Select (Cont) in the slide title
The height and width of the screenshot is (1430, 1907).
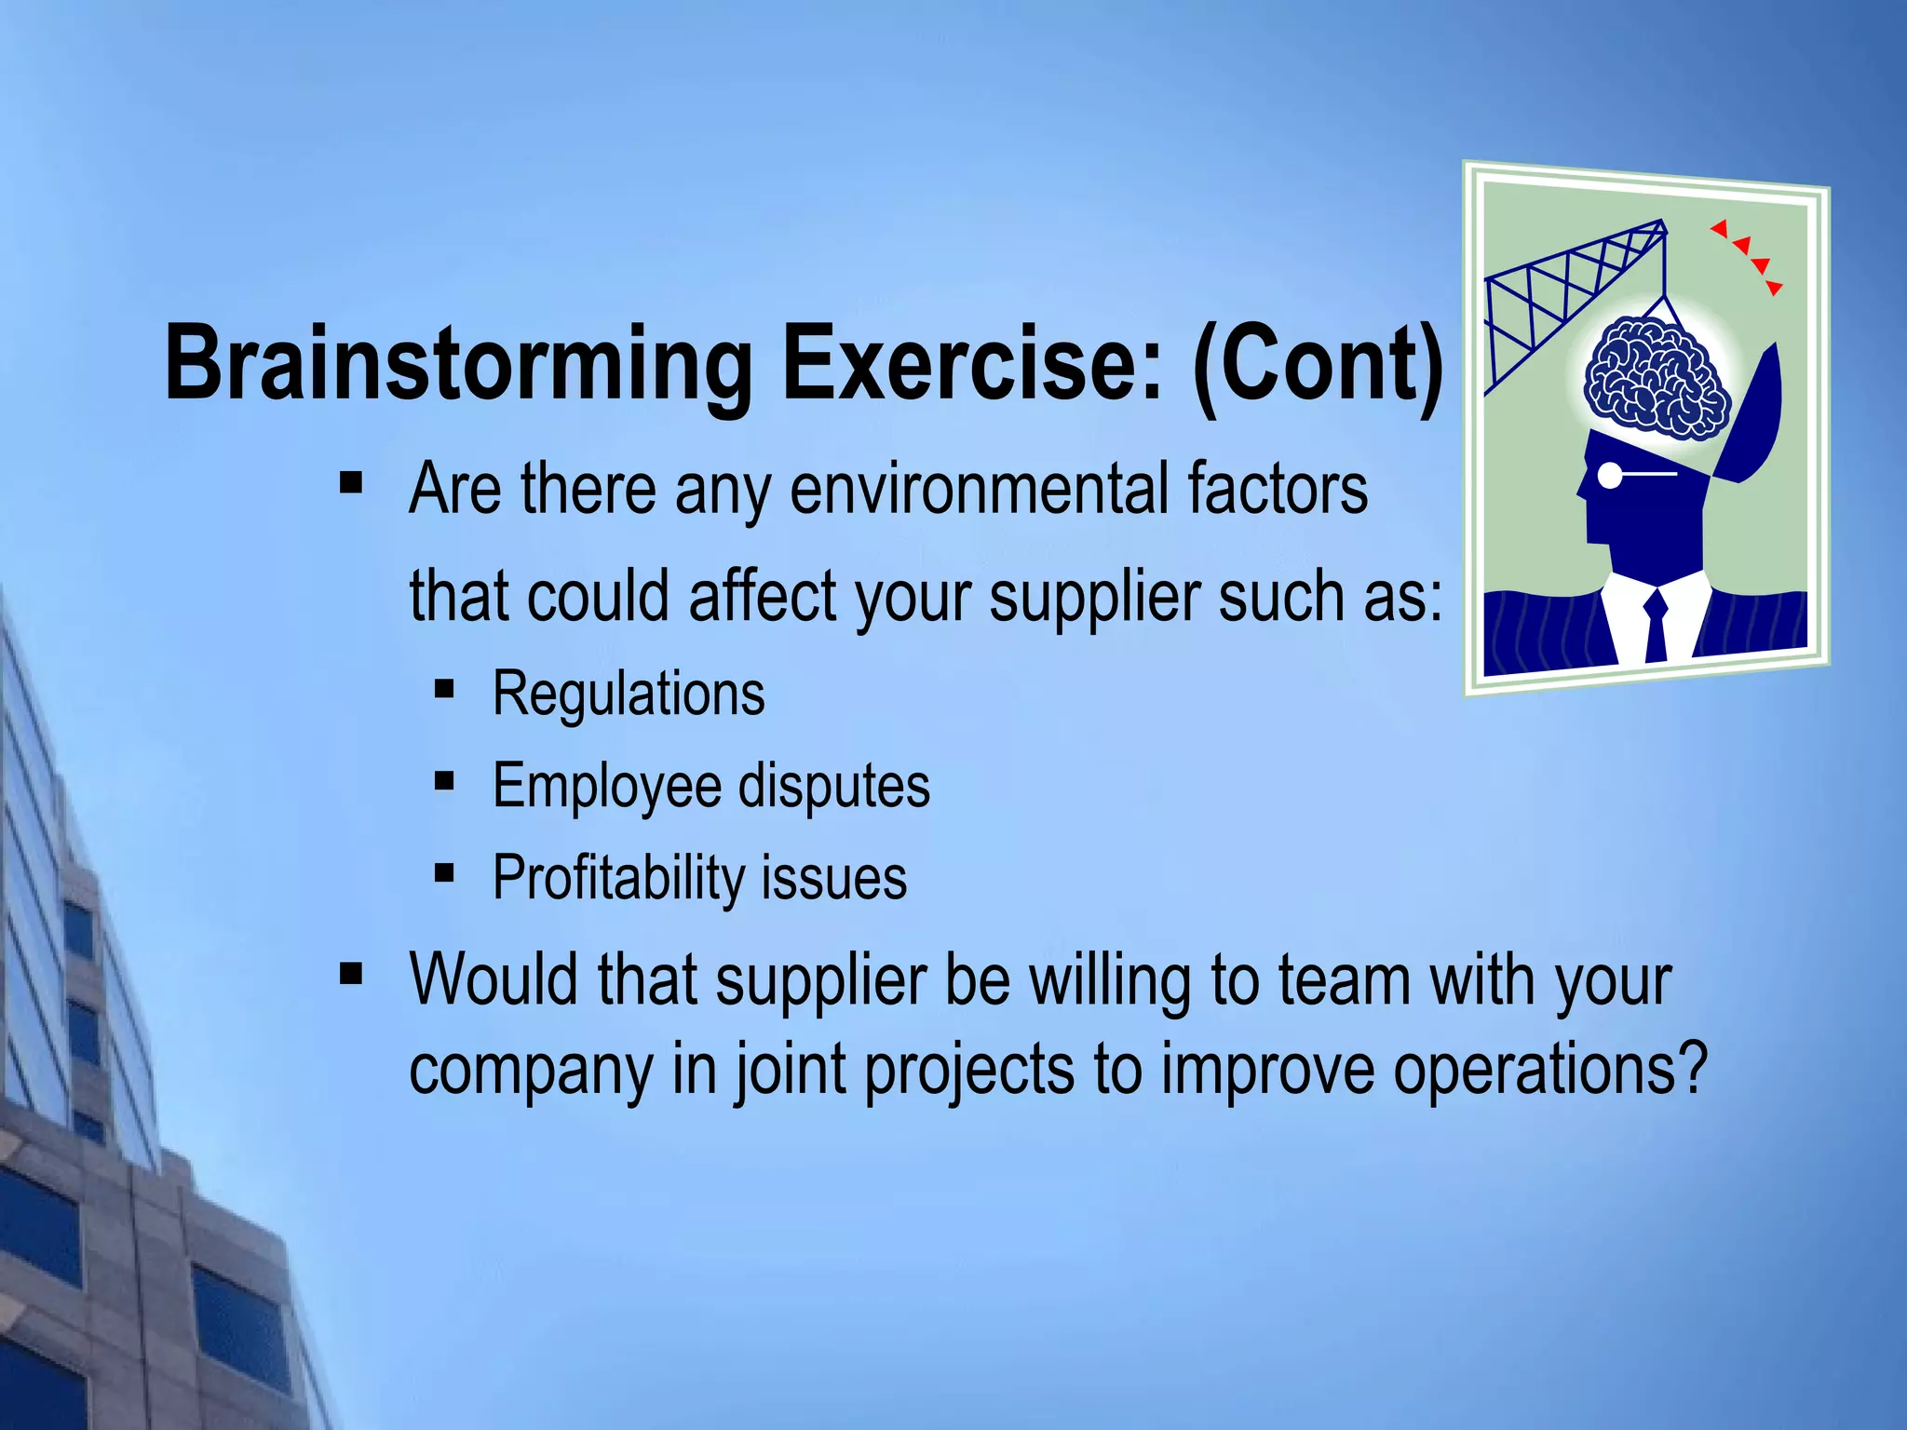(1319, 365)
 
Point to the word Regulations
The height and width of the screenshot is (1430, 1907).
(629, 695)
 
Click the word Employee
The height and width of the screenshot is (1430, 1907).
(606, 787)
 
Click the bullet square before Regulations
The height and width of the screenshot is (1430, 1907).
(444, 690)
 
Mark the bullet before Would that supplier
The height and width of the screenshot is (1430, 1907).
(351, 974)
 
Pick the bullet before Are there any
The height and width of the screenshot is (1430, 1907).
(351, 482)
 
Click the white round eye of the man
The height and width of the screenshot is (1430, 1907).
(1610, 475)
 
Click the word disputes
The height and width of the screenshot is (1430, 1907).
(834, 787)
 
